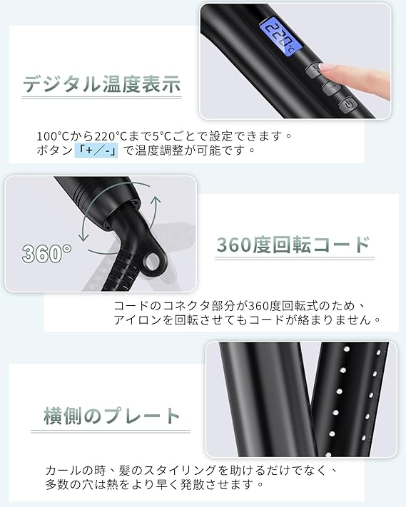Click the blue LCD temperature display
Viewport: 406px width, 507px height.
point(280,36)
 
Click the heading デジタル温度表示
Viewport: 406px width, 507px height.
point(101,84)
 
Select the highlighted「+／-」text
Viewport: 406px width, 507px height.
point(96,150)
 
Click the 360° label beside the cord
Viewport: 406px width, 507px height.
point(47,253)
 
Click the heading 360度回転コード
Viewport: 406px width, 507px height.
point(293,245)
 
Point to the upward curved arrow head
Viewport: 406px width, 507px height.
point(156,199)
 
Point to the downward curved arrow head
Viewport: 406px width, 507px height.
point(83,237)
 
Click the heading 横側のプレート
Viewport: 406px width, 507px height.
point(112,416)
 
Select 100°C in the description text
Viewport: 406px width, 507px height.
point(51,136)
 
